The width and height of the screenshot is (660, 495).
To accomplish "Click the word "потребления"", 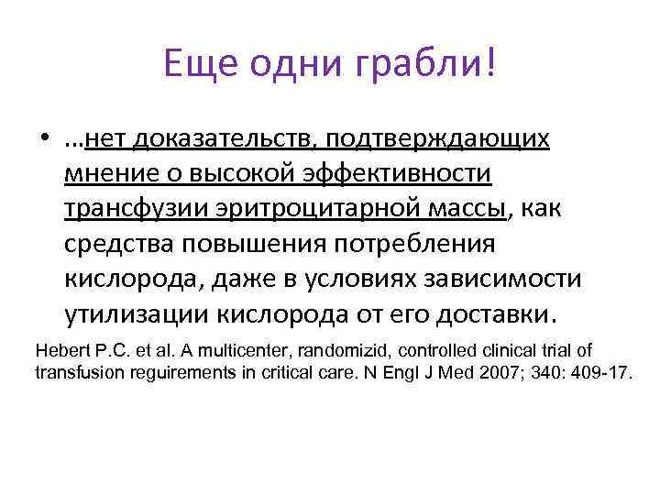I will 410,244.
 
